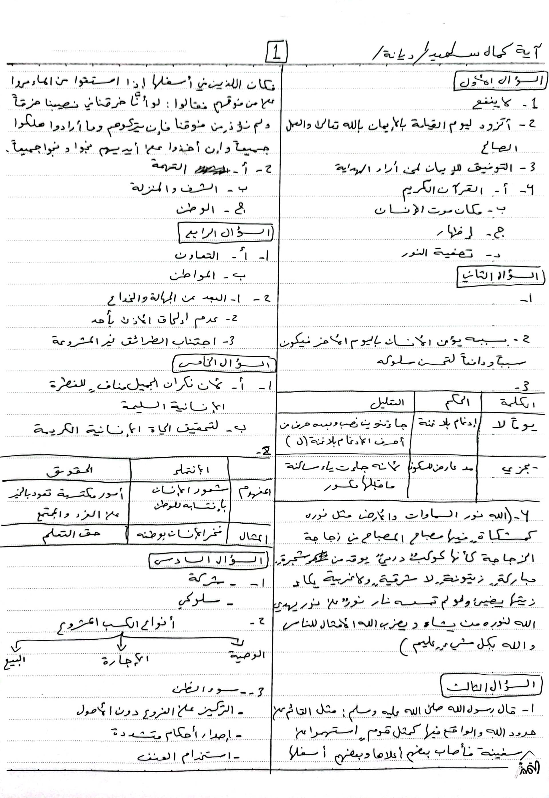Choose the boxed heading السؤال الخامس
(x=224, y=364)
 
